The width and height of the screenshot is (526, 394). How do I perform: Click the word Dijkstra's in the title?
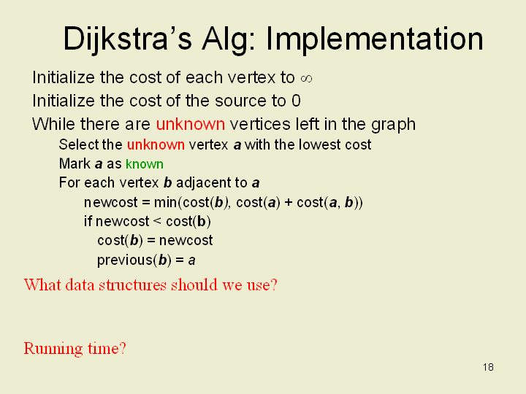pyautogui.click(x=127, y=40)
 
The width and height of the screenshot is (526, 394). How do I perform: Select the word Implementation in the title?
pyautogui.click(x=374, y=40)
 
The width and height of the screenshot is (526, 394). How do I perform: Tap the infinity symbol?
pyautogui.click(x=306, y=79)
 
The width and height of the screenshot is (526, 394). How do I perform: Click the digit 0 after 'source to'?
pyautogui.click(x=296, y=101)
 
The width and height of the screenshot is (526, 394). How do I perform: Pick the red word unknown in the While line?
pyautogui.click(x=190, y=124)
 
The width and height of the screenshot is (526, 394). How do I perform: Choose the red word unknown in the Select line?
pyautogui.click(x=156, y=144)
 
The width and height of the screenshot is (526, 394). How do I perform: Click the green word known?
pyautogui.click(x=145, y=164)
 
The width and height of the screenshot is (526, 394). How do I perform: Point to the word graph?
pyautogui.click(x=393, y=125)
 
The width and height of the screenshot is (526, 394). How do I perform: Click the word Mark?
pyautogui.click(x=75, y=164)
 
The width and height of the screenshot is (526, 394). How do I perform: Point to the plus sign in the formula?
pyautogui.click(x=288, y=203)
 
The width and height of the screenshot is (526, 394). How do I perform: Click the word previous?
pyautogui.click(x=124, y=260)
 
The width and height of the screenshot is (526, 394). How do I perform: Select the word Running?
pyautogui.click(x=53, y=349)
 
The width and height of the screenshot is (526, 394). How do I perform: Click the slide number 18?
pyautogui.click(x=489, y=368)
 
